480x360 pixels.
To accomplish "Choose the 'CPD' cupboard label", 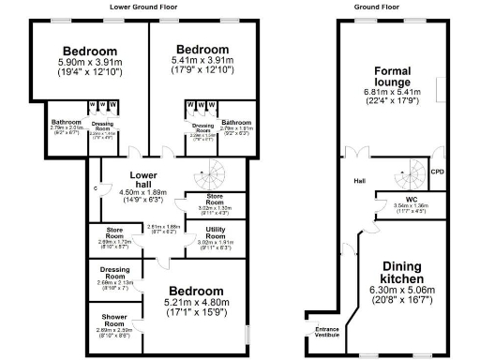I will point(436,172).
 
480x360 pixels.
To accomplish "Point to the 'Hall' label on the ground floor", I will point(359,182).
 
